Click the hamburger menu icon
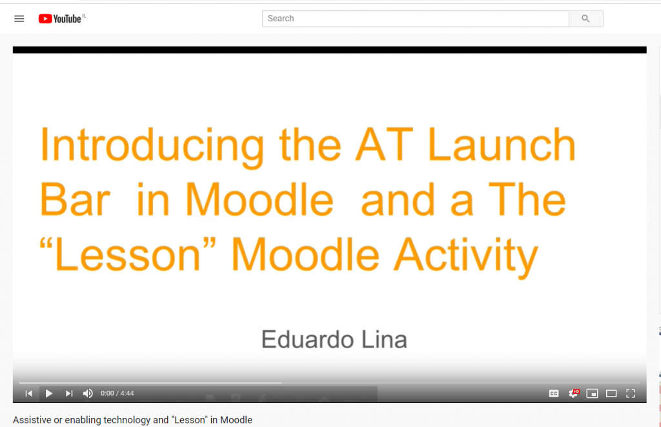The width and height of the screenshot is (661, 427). click(x=19, y=19)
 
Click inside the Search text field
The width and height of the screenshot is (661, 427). click(x=415, y=19)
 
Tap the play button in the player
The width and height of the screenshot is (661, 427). click(x=49, y=393)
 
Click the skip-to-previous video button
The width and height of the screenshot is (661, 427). click(x=28, y=393)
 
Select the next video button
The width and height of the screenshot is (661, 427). click(x=69, y=393)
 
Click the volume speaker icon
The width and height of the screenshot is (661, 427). click(x=88, y=393)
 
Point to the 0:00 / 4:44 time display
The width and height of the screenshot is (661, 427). click(x=117, y=393)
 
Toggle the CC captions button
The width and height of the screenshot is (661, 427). click(x=554, y=393)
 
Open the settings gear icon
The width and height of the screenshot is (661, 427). click(x=573, y=393)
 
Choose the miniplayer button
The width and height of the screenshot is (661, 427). click(x=593, y=393)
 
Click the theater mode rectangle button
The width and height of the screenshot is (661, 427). click(x=611, y=393)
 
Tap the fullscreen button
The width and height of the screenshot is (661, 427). click(x=631, y=393)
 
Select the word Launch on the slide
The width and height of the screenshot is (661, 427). click(x=502, y=145)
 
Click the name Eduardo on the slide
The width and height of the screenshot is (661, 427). click(x=307, y=340)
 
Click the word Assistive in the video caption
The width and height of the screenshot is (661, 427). click(x=32, y=420)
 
